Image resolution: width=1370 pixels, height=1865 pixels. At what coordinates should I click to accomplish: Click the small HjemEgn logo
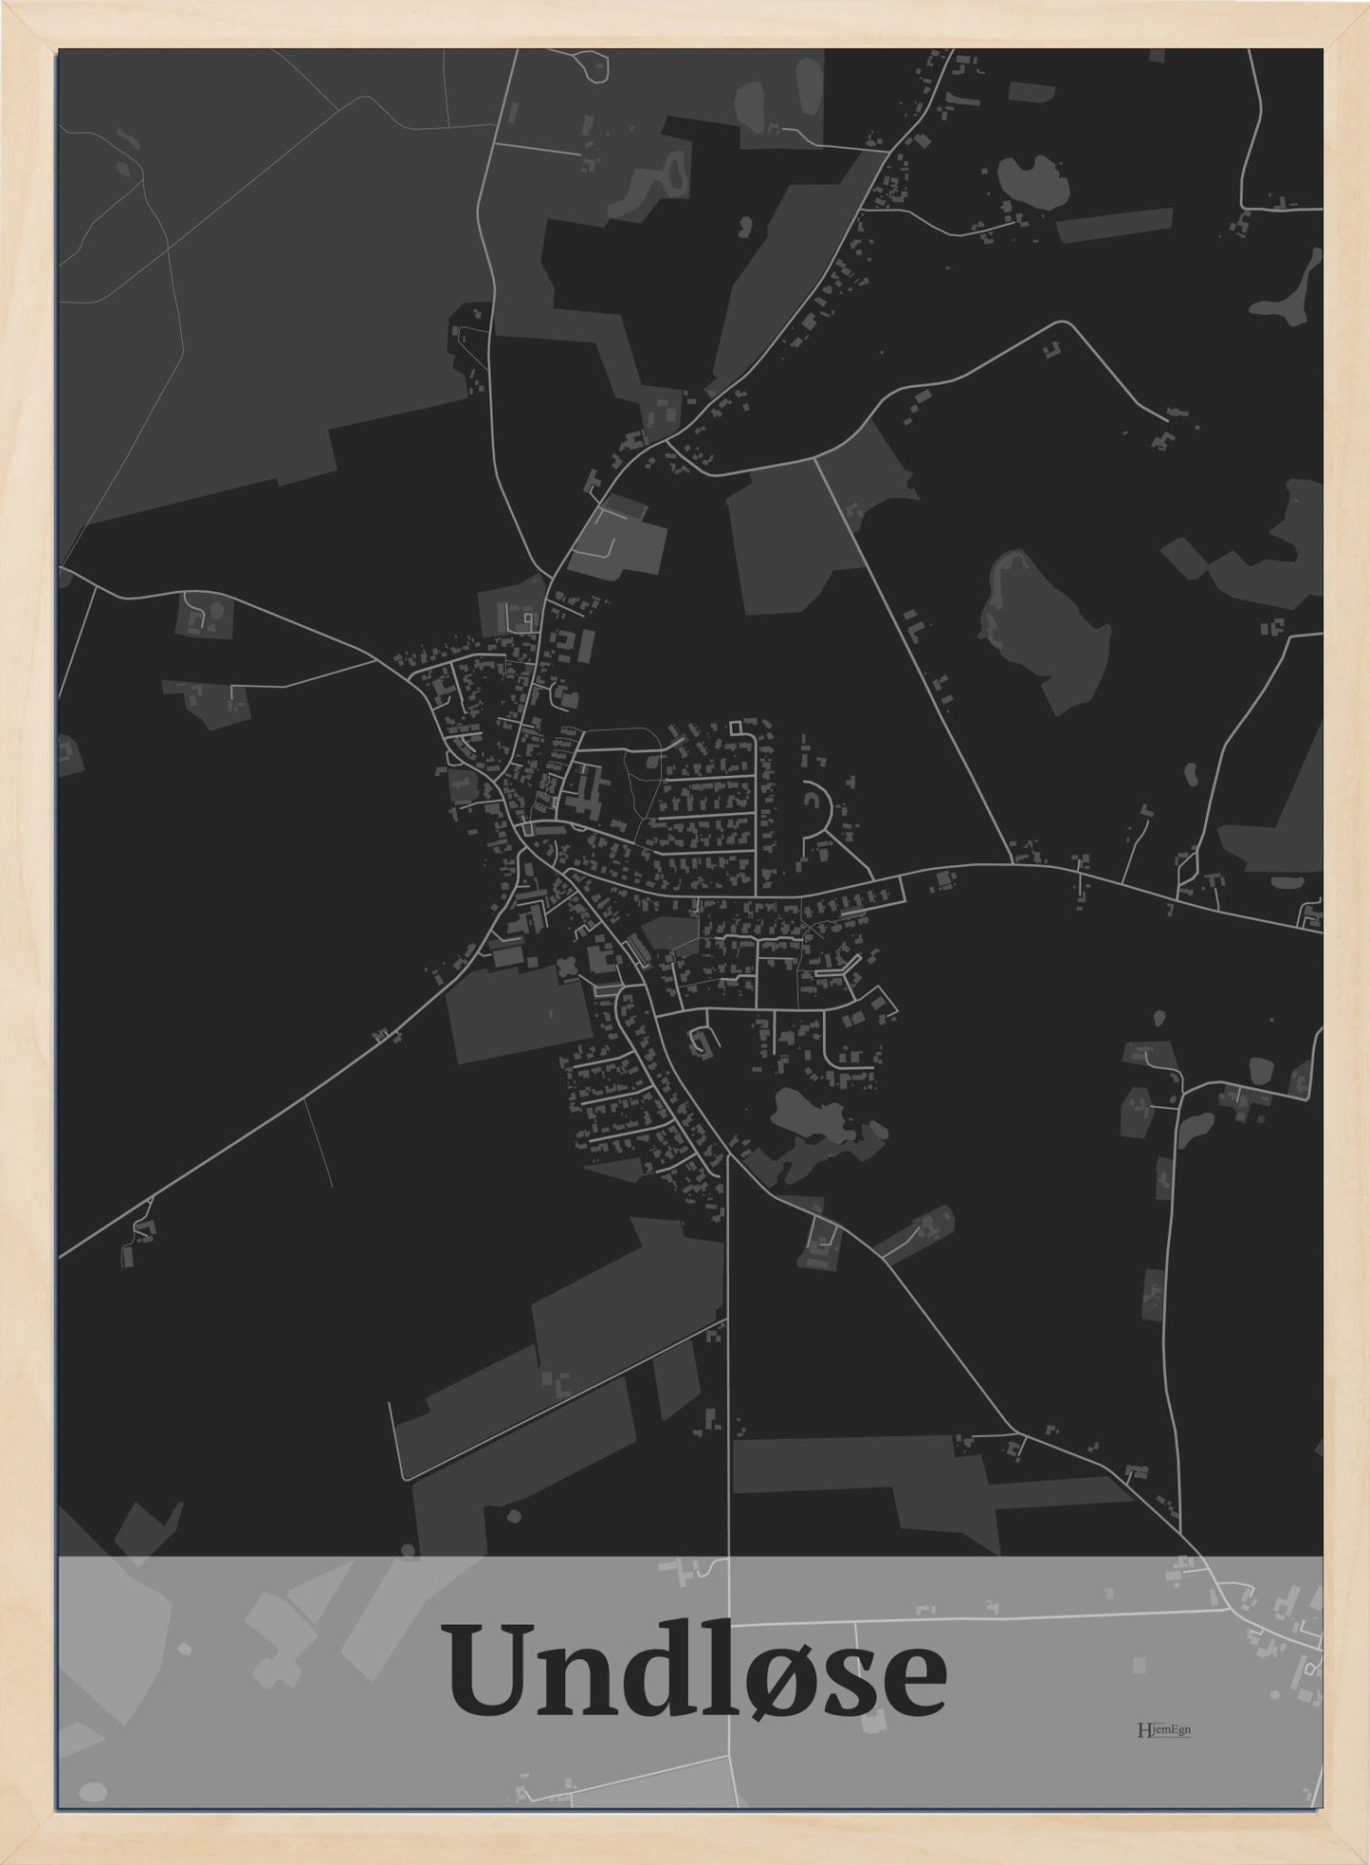pos(1162,1728)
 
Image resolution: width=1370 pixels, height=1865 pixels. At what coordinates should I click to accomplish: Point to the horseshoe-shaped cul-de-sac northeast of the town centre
pos(816,806)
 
